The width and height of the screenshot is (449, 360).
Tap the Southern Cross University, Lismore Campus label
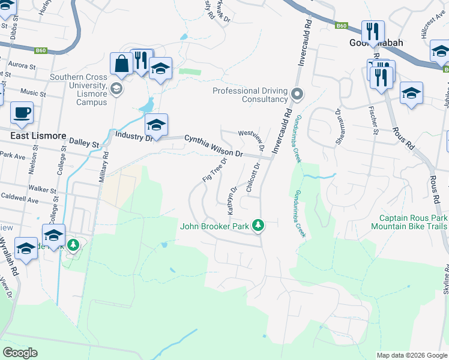pyautogui.click(x=78, y=89)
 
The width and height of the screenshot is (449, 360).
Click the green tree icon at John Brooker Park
pyautogui.click(x=258, y=226)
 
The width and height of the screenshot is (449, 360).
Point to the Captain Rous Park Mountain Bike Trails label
pyautogui.click(x=409, y=222)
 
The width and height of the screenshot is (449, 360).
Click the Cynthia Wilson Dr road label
pyautogui.click(x=213, y=146)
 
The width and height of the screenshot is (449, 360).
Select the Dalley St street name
pyautogui.click(x=86, y=145)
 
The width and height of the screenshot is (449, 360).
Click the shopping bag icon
pyautogui.click(x=121, y=64)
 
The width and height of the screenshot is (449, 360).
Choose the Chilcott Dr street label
pyautogui.click(x=252, y=178)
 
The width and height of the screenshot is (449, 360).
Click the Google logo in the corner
pyautogui.click(x=20, y=353)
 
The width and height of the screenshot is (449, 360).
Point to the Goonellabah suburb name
pyautogui.click(x=376, y=43)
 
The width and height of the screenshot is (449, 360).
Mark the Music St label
pyautogui.click(x=33, y=93)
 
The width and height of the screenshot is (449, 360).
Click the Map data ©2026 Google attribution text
pyautogui.click(x=411, y=355)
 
